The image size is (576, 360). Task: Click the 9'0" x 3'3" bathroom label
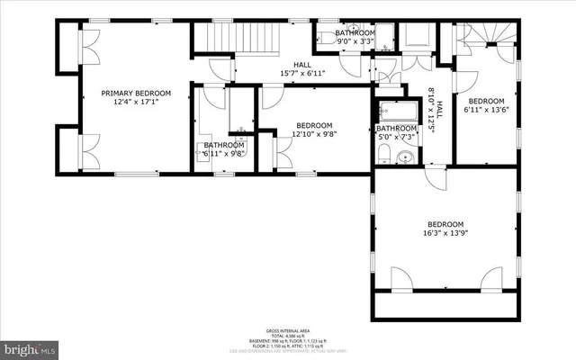355,36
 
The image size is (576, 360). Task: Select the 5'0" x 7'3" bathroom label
396,133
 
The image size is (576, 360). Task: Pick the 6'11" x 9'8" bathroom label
223,149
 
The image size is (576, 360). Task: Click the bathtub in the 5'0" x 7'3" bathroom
397,113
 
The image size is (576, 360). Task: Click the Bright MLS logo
29,346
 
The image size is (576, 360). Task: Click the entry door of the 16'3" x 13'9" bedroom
436,178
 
